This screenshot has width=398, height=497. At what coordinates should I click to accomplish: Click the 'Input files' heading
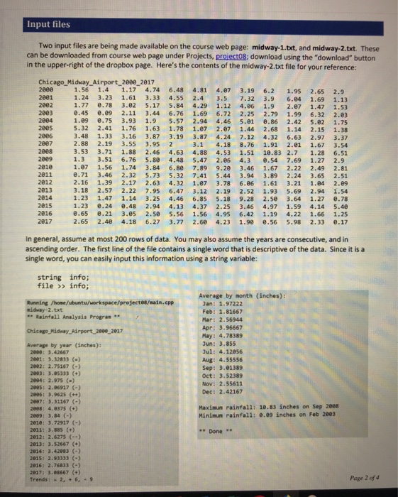(46, 23)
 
